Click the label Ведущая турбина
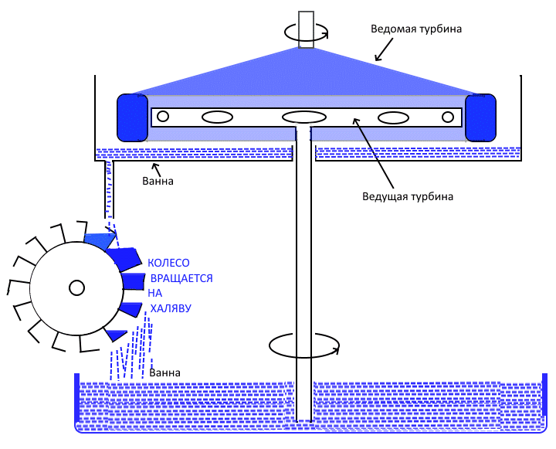click(407, 196)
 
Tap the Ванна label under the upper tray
click(158, 182)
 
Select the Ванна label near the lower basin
click(164, 372)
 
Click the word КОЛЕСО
click(168, 264)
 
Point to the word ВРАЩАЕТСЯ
click(180, 278)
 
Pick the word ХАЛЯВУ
click(171, 308)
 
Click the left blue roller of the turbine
click(132, 117)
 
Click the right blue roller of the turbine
click(481, 117)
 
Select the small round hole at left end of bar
click(162, 117)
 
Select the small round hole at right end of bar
click(448, 117)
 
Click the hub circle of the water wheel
click(76, 288)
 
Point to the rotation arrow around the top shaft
click(307, 32)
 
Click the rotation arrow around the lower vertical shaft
click(303, 345)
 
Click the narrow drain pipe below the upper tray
click(109, 189)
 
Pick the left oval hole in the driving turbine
click(217, 117)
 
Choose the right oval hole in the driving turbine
click(392, 117)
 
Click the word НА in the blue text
click(156, 293)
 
